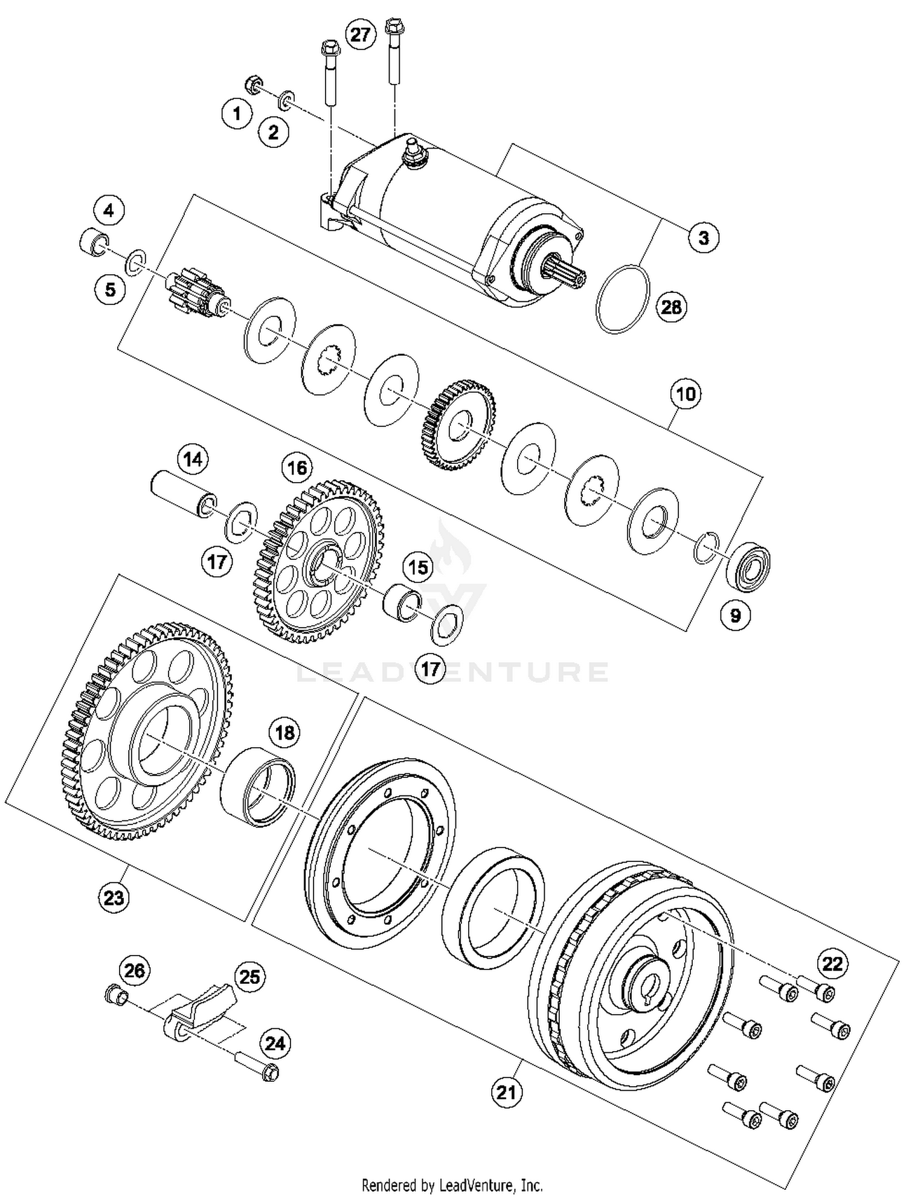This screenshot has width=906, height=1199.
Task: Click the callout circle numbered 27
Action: pos(360,34)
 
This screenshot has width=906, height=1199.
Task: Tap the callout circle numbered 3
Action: pos(704,237)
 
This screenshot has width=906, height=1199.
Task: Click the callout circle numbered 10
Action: pos(686,394)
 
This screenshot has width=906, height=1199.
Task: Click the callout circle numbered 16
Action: pos(297,468)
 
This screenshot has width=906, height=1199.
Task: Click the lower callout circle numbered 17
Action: pos(430,669)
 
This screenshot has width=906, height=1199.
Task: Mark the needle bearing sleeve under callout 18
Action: pos(258,785)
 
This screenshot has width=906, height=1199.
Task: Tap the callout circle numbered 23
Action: pos(114,897)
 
